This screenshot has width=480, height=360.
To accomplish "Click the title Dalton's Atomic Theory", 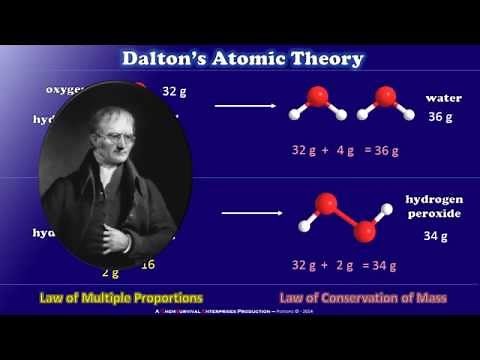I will pyautogui.click(x=242, y=58).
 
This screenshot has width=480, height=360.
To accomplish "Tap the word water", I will pyautogui.click(x=443, y=98).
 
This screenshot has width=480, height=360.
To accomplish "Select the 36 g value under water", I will pyautogui.click(x=441, y=116).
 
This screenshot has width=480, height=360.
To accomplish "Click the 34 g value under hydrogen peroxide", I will pyautogui.click(x=435, y=237).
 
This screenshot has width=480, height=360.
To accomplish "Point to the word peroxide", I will pyautogui.click(x=434, y=214).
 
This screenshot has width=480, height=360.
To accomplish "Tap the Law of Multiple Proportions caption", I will pyautogui.click(x=121, y=298).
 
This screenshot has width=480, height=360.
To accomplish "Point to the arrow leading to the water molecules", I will pyautogui.click(x=244, y=104).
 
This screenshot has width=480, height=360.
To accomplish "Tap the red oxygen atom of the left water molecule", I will pyautogui.click(x=317, y=97).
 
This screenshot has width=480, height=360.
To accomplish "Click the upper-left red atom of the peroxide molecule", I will pyautogui.click(x=324, y=204).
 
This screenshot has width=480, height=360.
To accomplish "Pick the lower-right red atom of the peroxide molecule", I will pyautogui.click(x=364, y=231).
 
